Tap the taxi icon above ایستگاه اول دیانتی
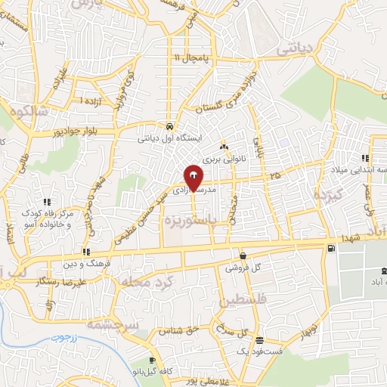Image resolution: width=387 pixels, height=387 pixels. click(170, 126)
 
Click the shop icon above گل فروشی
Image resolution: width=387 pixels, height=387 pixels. click(243, 255)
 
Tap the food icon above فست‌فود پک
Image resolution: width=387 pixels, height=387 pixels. click(259, 339)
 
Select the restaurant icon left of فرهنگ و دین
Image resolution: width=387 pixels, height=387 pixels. click(87, 252)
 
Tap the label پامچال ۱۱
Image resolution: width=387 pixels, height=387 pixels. click(190, 57)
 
